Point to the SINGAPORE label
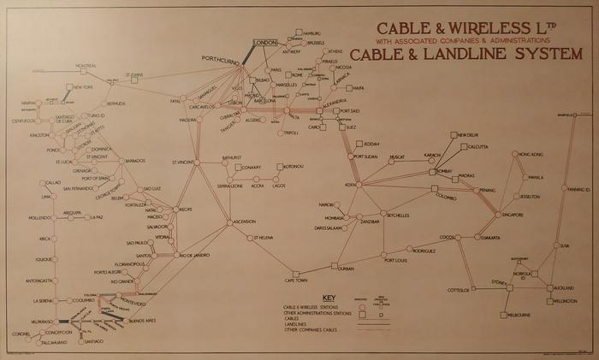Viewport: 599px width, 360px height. click(537, 215)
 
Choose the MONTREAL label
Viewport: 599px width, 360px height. click(86, 66)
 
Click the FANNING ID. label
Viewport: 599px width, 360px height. click(579, 189)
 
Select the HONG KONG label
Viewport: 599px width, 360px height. click(531, 153)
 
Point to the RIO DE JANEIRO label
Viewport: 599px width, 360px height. click(195, 255)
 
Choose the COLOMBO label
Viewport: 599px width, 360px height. click(446, 196)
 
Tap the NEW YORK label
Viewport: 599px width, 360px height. click(83, 88)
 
